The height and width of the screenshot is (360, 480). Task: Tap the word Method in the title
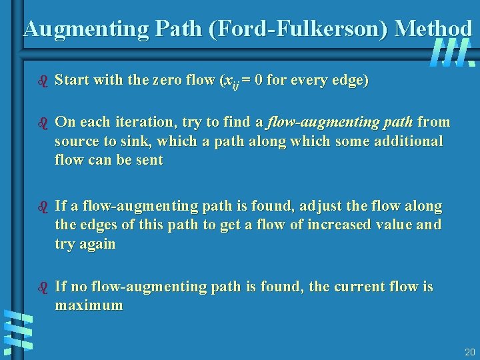click(x=433, y=29)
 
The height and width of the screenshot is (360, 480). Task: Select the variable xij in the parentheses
click(x=230, y=83)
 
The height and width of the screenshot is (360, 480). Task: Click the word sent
click(x=149, y=161)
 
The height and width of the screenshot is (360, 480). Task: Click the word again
click(x=98, y=244)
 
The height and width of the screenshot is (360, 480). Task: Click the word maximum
click(x=89, y=306)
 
